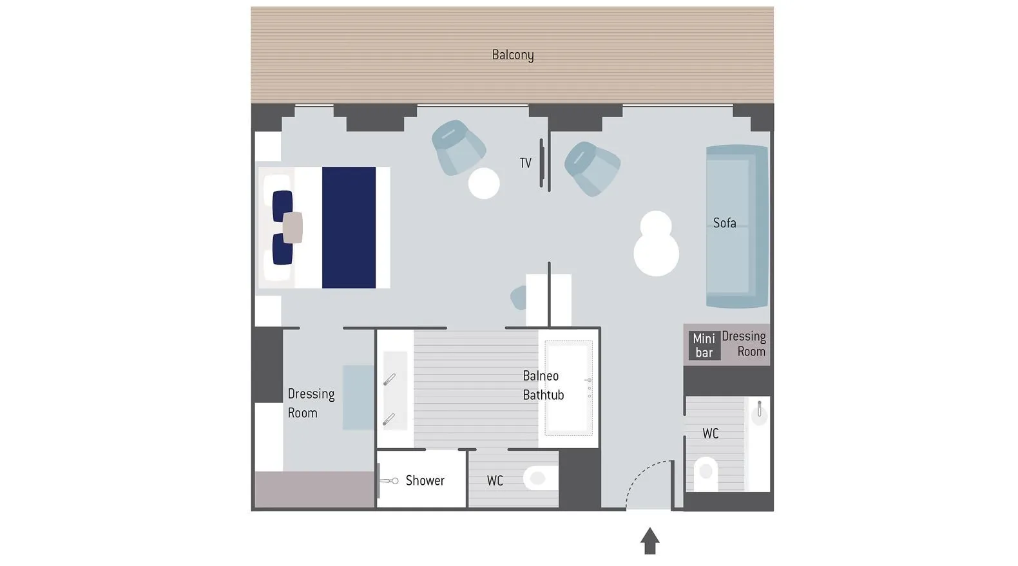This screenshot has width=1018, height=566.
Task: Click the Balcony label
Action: (513, 55)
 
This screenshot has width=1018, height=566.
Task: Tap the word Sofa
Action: (724, 223)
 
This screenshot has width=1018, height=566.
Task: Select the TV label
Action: (525, 163)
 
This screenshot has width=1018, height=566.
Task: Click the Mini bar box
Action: (704, 345)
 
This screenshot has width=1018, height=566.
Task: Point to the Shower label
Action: (425, 480)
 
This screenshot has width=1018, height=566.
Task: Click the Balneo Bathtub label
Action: (543, 385)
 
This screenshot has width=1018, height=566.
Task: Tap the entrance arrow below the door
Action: (650, 540)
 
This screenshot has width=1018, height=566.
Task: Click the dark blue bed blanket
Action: (349, 227)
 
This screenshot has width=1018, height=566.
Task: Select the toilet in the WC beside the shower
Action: (541, 478)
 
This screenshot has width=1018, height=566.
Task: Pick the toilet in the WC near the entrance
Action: (706, 474)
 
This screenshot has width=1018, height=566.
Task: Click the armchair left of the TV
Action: (458, 147)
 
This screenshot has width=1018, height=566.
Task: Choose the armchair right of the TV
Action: (592, 168)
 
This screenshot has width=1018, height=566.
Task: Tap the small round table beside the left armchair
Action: (484, 183)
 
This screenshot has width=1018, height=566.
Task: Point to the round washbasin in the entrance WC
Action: (759, 414)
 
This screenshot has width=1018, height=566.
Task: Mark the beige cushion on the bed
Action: (293, 227)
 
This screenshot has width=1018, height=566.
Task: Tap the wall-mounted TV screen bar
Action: (541, 163)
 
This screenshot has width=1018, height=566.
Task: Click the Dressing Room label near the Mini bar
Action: (744, 343)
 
